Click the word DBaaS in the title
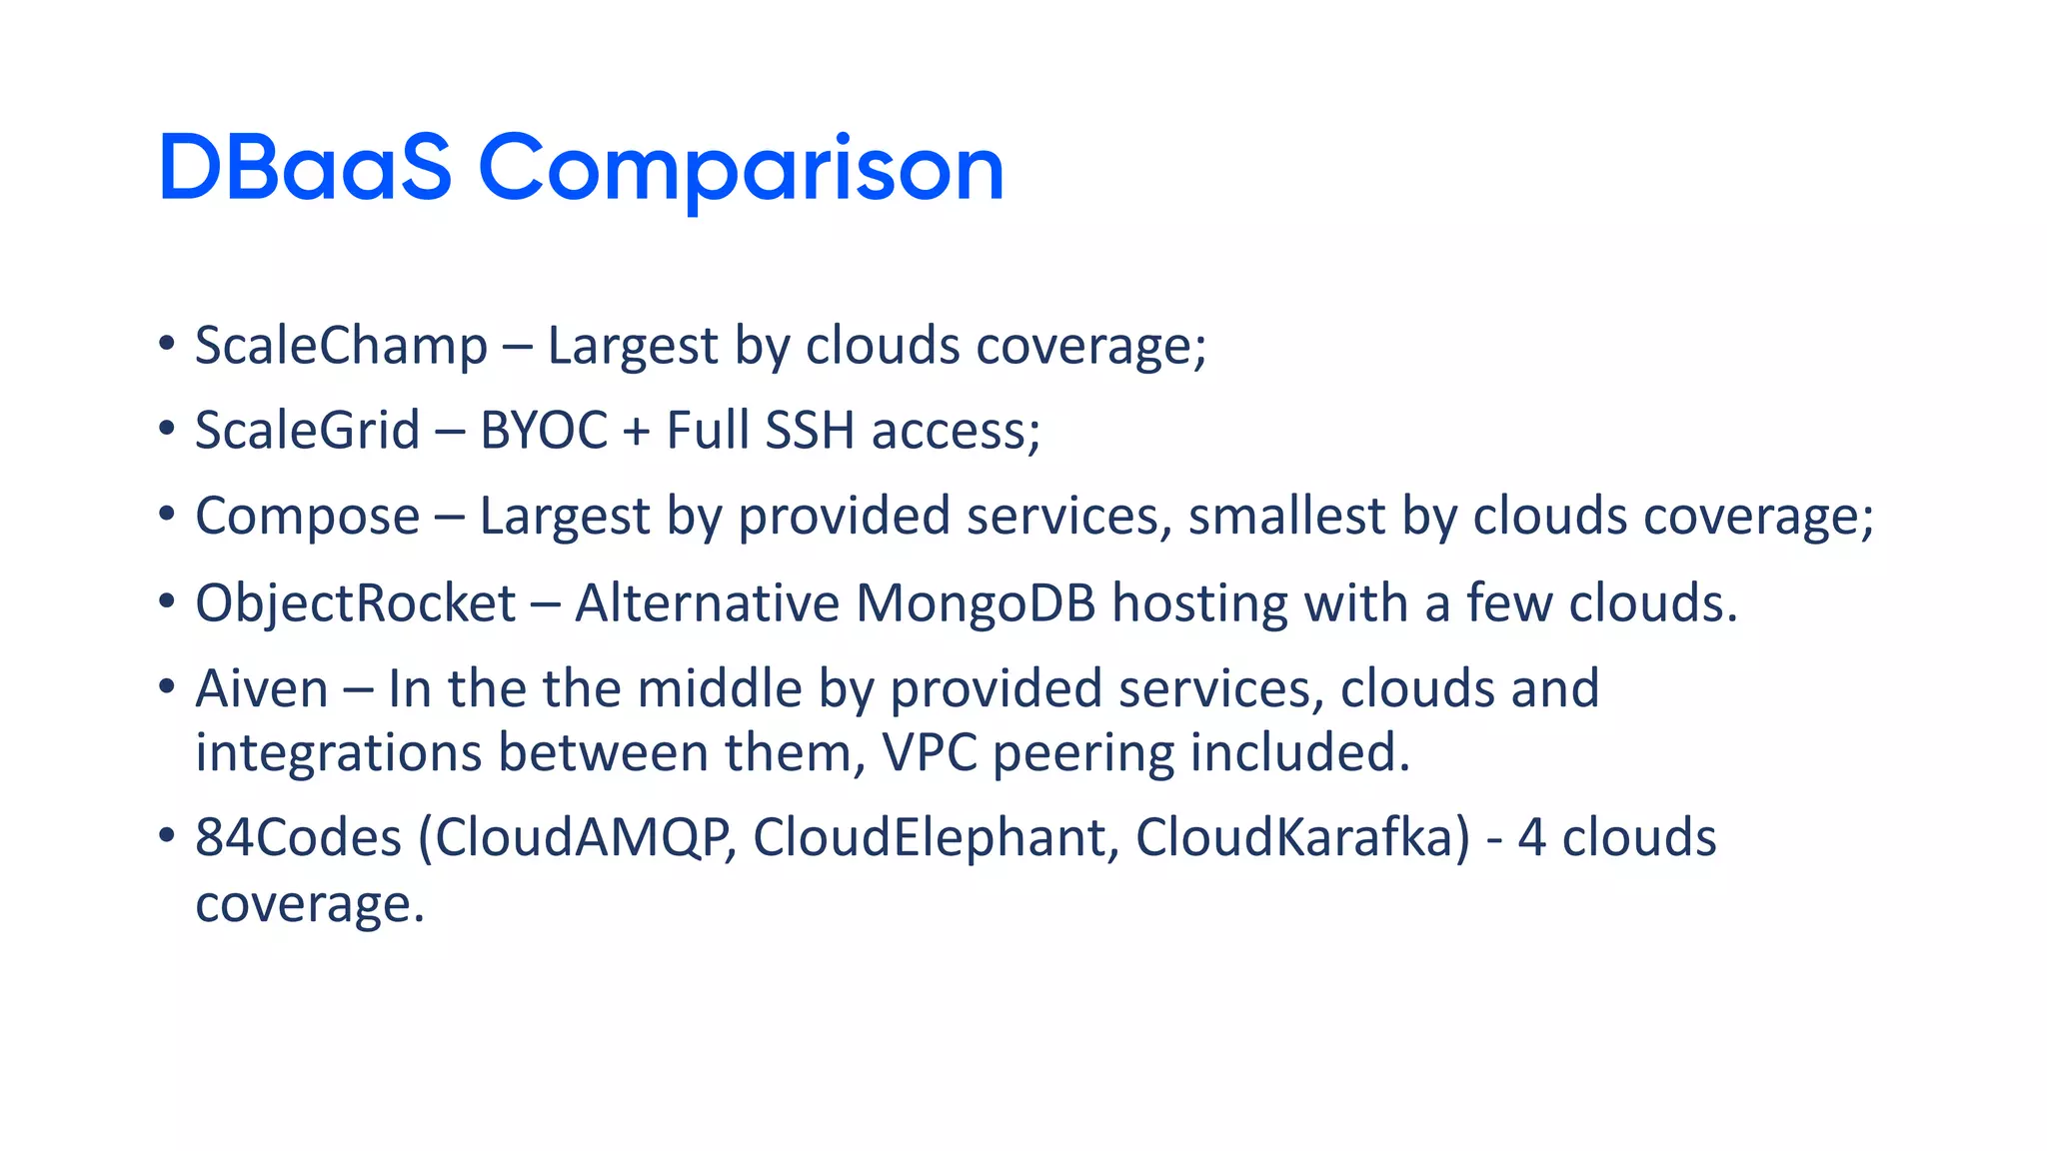pos(305,168)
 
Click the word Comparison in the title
pos(741,170)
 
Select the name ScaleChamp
pos(341,346)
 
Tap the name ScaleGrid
pos(307,431)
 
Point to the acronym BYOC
pos(544,431)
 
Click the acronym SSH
pos(809,431)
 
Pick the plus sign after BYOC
pos(636,433)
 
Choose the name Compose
pos(307,518)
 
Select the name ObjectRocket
pos(355,603)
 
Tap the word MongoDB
pos(976,602)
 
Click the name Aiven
pos(261,688)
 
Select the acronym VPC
pos(930,752)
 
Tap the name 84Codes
pos(298,837)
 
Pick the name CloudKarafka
pos(1302,837)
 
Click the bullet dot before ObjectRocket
pos(167,602)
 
